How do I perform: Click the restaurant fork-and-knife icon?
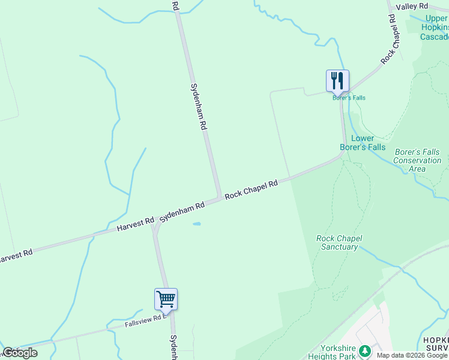pyautogui.click(x=337, y=80)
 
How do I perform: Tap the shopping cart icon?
pyautogui.click(x=166, y=298)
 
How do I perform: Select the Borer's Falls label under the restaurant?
pyautogui.click(x=349, y=98)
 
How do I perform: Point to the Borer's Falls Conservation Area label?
pyautogui.click(x=417, y=160)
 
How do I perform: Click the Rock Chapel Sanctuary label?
pyautogui.click(x=339, y=242)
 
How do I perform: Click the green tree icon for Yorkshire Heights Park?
pyautogui.click(x=364, y=350)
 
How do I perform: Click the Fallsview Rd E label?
pyautogui.click(x=144, y=321)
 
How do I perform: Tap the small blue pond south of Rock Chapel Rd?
pyautogui.click(x=196, y=224)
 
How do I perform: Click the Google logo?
pyautogui.click(x=20, y=353)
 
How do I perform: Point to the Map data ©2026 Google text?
pyautogui.click(x=412, y=355)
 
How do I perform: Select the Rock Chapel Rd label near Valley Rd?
pyautogui.click(x=389, y=39)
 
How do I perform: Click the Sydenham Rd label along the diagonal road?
pyautogui.click(x=182, y=211)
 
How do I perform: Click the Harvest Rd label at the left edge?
pyautogui.click(x=15, y=256)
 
